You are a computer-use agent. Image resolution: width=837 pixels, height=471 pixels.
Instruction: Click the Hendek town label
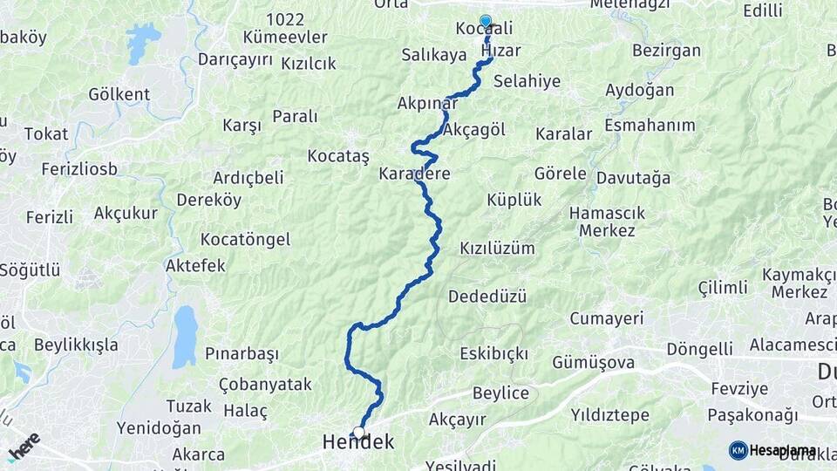coord(357,443)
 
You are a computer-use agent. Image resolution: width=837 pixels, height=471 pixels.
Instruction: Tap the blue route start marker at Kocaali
coord(486,22)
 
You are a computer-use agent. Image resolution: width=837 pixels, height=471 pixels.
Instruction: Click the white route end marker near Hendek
coord(358,432)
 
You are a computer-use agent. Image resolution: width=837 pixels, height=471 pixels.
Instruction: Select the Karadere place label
coord(414,174)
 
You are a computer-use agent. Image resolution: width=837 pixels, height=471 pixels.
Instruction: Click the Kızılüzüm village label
coord(497,248)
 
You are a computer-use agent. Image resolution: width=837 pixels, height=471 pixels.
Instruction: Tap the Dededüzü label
coord(487,297)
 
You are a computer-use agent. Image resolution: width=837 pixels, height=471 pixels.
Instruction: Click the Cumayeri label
coord(607,318)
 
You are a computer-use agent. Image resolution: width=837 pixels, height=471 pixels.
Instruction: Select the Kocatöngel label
coord(245,239)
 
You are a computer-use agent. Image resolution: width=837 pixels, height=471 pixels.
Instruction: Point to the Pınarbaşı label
coord(242,353)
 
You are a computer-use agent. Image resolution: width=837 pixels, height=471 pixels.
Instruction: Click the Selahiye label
coord(527,81)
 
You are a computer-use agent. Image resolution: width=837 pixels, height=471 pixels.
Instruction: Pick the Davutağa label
coord(634,178)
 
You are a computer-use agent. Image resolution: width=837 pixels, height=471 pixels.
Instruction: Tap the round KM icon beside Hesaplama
coord(738,450)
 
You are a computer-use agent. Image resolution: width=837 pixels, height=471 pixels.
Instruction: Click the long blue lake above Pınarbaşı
coord(184,336)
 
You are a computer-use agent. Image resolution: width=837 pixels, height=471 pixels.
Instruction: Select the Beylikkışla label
coord(76,345)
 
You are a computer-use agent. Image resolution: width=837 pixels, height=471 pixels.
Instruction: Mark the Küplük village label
coord(514,200)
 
